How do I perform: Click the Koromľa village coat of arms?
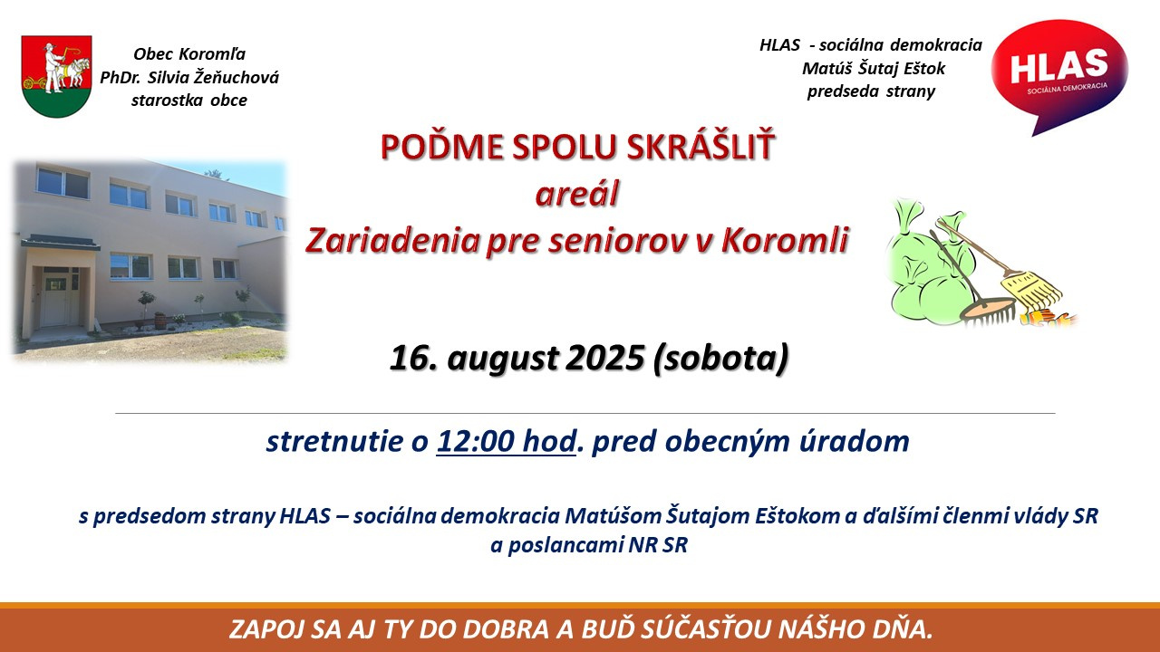(x=56, y=76)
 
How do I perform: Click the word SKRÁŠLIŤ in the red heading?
(x=701, y=147)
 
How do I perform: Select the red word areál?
(x=577, y=194)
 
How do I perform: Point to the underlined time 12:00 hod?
(x=506, y=441)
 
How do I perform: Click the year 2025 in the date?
(x=604, y=358)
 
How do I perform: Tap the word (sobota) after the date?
(x=721, y=358)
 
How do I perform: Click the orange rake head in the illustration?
(x=988, y=312)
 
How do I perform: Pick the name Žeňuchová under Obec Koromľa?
(x=237, y=77)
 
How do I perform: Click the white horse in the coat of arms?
(x=76, y=72)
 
